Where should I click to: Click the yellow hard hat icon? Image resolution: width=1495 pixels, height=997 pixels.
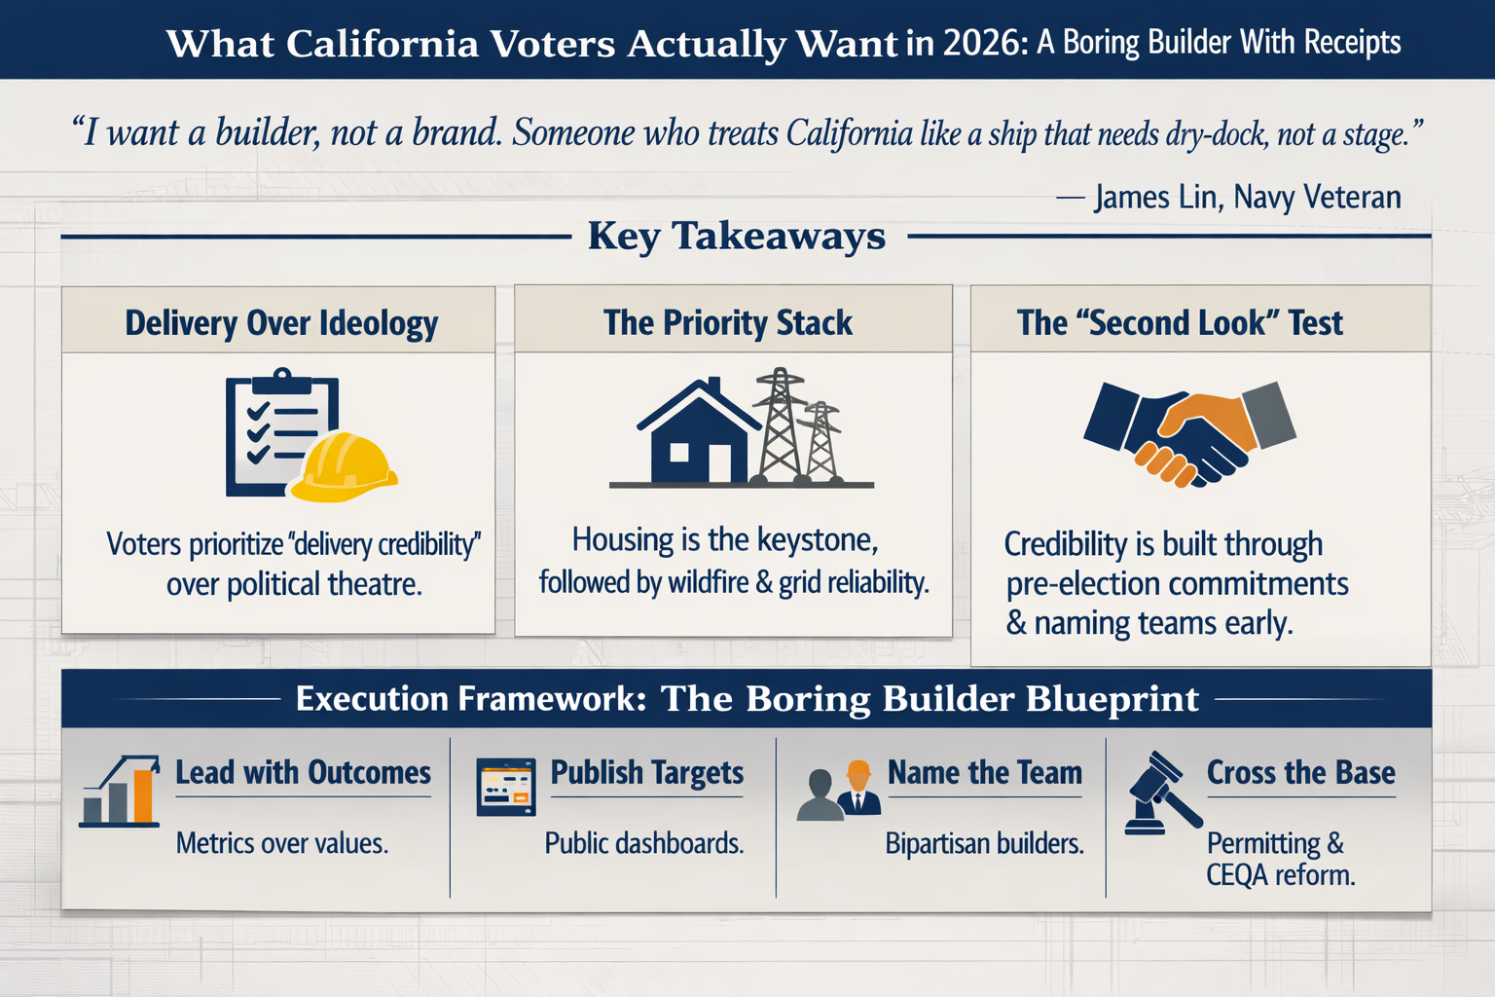[345, 468]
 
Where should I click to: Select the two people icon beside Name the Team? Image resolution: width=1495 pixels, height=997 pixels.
[839, 791]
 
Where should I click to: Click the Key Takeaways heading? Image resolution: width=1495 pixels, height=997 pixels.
[737, 236]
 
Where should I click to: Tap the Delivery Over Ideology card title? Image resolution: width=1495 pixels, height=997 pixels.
[281, 323]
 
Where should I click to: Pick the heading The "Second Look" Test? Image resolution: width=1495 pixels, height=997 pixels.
[1180, 323]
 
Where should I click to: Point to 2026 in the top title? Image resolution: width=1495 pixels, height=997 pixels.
[978, 44]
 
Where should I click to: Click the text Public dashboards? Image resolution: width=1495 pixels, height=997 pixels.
[643, 843]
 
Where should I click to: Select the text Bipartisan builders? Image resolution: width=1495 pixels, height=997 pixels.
[984, 843]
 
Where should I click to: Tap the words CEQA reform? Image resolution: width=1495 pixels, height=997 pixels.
[1280, 875]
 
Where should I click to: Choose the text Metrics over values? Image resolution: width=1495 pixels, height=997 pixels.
[282, 843]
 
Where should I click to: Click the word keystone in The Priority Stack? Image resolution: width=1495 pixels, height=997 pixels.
[817, 539]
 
